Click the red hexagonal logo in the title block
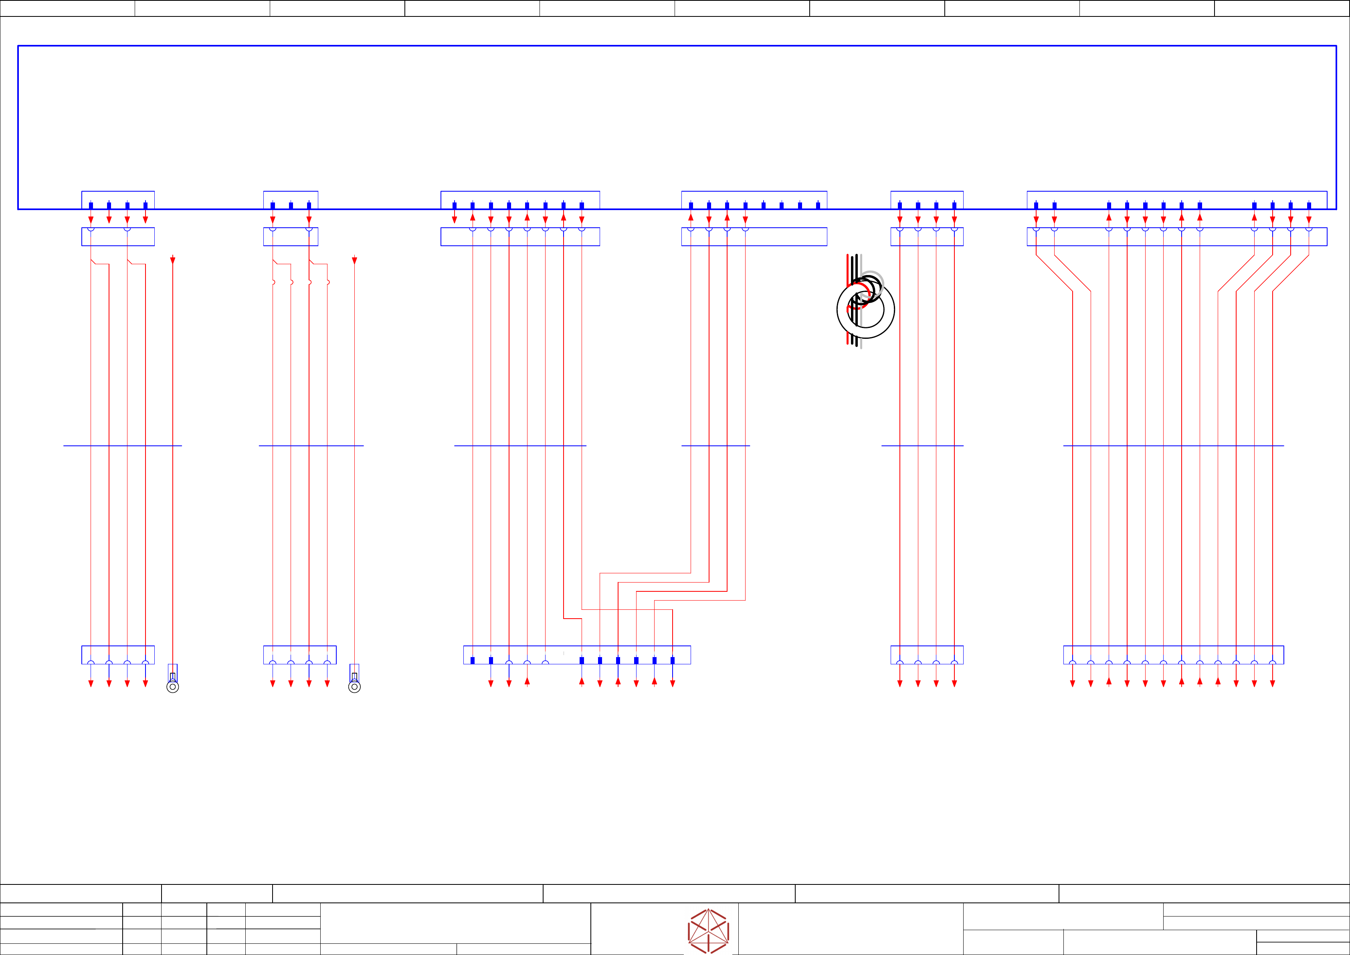(709, 931)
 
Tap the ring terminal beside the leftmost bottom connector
(172, 686)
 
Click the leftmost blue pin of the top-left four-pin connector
(91, 205)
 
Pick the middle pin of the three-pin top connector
(291, 205)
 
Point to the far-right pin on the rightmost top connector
(1309, 205)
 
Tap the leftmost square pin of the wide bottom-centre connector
(472, 660)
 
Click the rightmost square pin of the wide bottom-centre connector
(672, 660)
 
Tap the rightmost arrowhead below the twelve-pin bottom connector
(1272, 683)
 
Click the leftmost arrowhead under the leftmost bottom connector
(91, 683)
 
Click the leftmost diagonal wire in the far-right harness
(1054, 273)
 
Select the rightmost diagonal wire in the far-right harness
(1291, 273)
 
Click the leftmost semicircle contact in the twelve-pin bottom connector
(1073, 663)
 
